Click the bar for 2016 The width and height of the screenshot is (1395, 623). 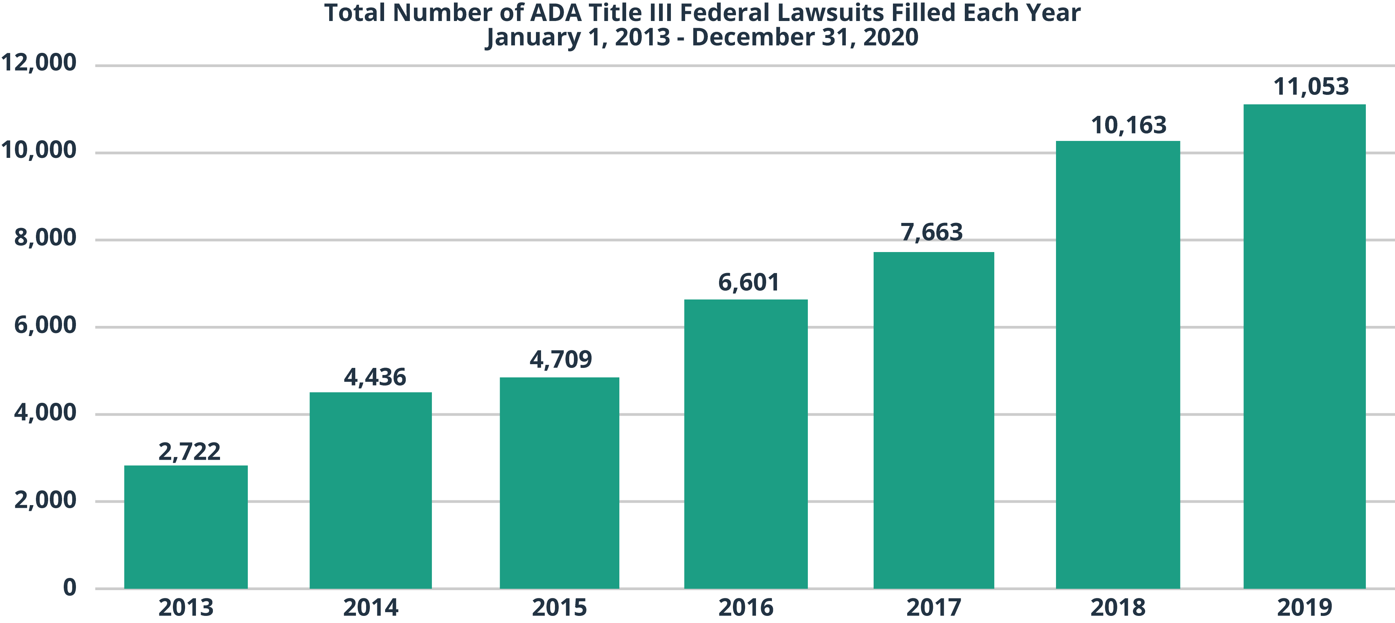tap(746, 443)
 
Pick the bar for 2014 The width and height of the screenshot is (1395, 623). tap(371, 490)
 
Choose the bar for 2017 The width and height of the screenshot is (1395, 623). tap(934, 419)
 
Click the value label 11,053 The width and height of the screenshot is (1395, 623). tap(1311, 87)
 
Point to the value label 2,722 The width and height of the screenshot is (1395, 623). tap(190, 452)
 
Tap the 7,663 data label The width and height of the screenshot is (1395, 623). tap(932, 232)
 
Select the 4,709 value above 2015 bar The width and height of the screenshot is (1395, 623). tap(560, 359)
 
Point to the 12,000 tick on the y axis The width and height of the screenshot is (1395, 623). tap(39, 63)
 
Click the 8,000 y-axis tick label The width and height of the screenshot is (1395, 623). tap(45, 237)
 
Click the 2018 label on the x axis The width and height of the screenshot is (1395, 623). tap(1118, 608)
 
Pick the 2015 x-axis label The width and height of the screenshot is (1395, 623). tap(559, 608)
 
